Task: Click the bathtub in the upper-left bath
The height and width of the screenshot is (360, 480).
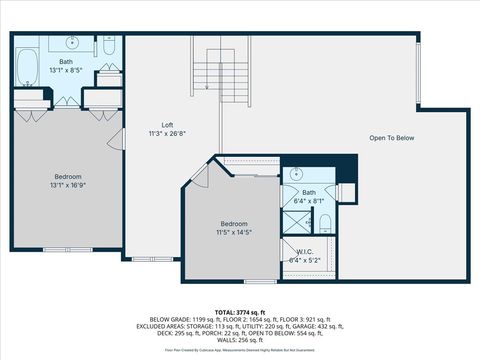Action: click(25, 64)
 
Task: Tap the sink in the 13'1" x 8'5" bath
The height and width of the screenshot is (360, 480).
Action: click(72, 43)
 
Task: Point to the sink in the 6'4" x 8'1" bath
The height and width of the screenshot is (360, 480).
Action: click(296, 173)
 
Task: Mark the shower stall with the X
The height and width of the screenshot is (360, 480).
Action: click(295, 220)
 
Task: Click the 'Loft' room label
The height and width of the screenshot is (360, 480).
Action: click(167, 124)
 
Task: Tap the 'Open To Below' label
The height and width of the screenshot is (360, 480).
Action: click(391, 138)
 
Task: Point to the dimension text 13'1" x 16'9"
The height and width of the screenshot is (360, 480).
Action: click(67, 185)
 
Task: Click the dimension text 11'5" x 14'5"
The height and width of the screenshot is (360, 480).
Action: click(234, 232)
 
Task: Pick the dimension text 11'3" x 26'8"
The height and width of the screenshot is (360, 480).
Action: click(167, 132)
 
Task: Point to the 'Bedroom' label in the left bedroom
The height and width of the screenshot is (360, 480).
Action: click(67, 177)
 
